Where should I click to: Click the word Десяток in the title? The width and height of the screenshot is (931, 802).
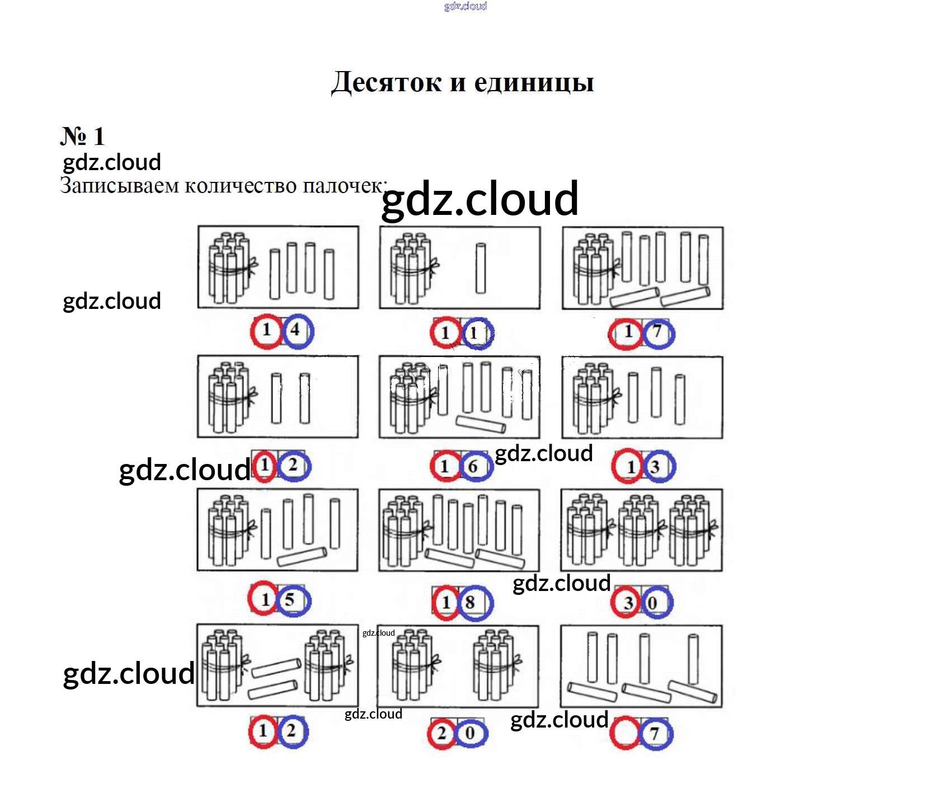click(386, 82)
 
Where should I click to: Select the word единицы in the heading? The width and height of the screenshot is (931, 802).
click(534, 82)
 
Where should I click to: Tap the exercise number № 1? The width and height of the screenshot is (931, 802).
click(82, 136)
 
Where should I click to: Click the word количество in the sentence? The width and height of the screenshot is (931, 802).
click(240, 185)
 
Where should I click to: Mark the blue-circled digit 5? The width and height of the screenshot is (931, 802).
click(290, 600)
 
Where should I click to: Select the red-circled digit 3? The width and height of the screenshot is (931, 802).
click(626, 602)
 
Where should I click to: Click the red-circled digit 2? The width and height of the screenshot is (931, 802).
click(443, 733)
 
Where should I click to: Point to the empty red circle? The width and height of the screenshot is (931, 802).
click(625, 733)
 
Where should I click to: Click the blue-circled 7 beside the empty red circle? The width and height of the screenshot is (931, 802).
click(656, 734)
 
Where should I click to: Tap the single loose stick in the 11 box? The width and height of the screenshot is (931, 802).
click(481, 268)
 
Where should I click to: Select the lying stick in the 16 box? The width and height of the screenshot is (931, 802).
click(481, 424)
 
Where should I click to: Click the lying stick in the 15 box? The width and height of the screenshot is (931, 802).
click(302, 556)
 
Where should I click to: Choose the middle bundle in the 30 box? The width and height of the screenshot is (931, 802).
click(641, 529)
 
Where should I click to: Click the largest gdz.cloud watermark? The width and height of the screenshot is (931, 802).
click(479, 199)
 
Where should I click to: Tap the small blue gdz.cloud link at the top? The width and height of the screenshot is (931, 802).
click(465, 6)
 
